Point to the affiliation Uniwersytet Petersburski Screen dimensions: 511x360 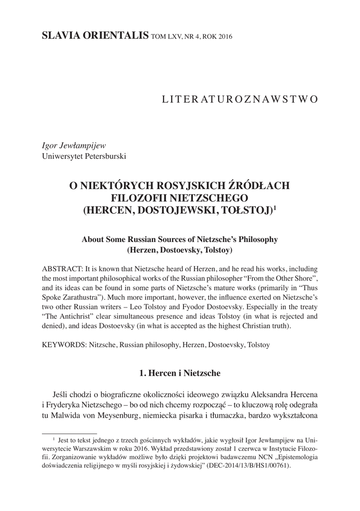(84, 156)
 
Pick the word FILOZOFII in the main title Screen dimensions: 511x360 (135, 198)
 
